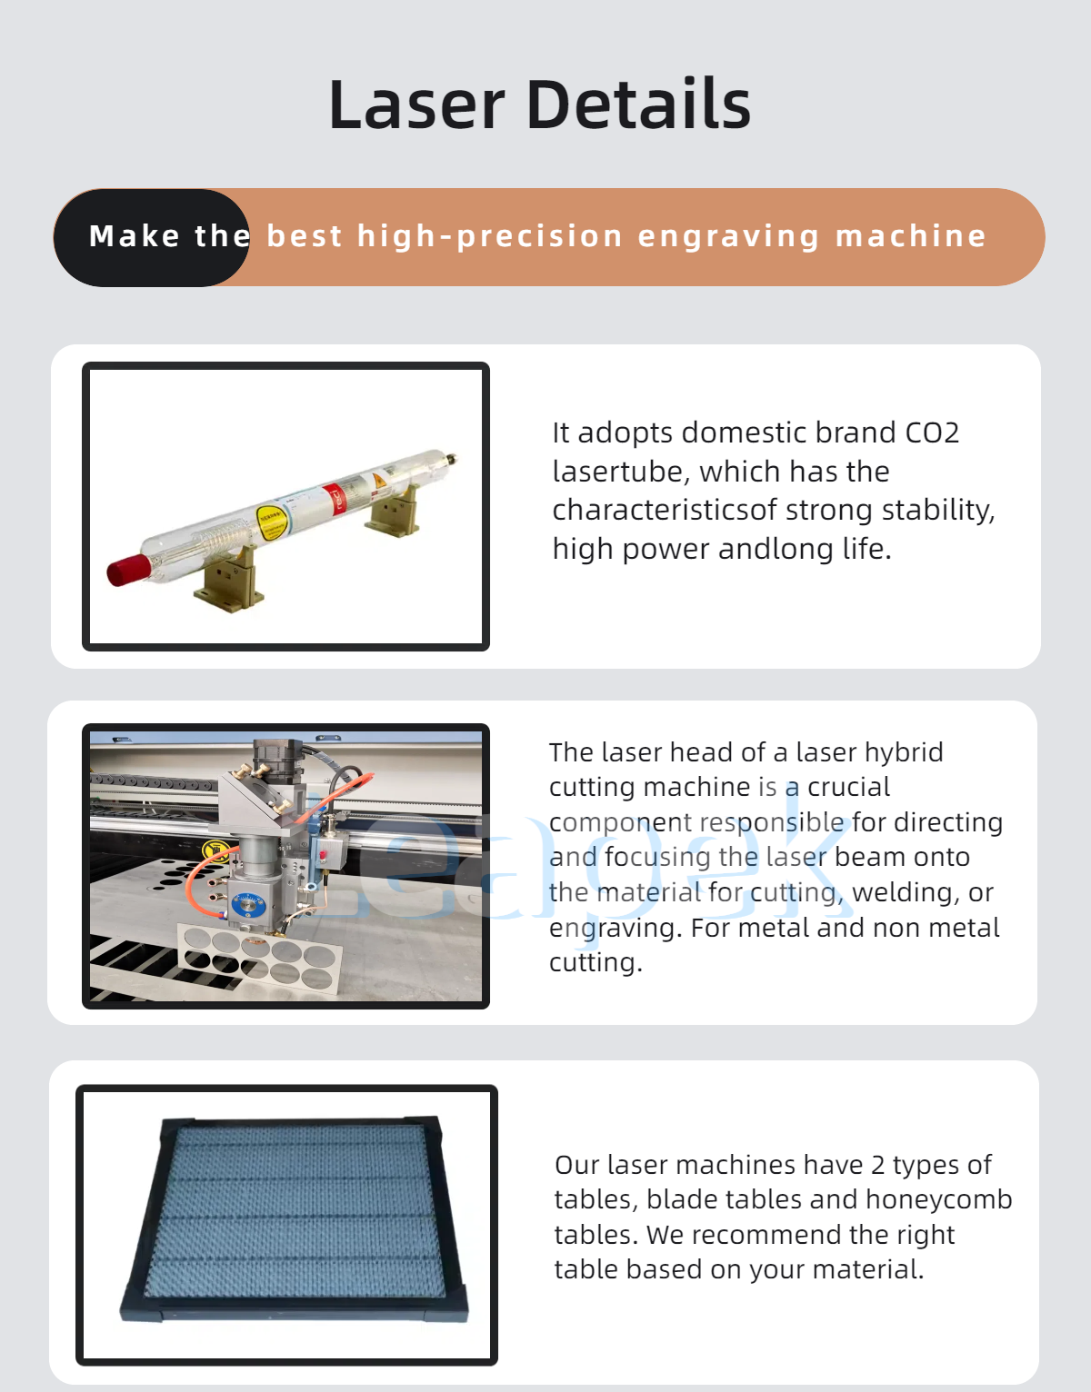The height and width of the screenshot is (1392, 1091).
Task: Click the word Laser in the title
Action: [416, 104]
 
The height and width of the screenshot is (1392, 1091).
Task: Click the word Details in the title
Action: [638, 104]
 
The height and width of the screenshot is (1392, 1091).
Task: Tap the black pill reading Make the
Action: [151, 237]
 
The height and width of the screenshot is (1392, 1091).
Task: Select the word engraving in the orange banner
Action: [728, 237]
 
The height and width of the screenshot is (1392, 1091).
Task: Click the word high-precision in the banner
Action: [490, 235]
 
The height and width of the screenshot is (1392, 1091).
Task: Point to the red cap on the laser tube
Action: [129, 570]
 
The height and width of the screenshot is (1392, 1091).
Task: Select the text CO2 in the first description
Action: [932, 433]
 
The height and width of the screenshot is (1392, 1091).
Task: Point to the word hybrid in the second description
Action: [904, 753]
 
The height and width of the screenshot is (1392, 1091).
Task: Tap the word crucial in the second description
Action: [848, 787]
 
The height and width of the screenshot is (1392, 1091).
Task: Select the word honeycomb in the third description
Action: [938, 1200]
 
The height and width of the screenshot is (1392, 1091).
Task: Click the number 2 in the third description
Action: [877, 1166]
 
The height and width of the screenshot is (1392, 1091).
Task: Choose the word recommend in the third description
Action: [760, 1235]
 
